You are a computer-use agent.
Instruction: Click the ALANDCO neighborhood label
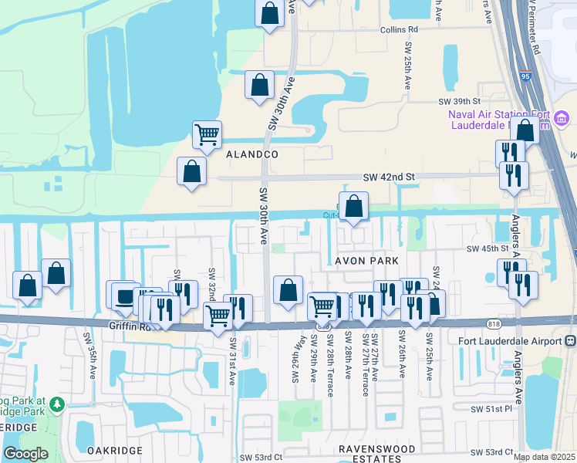coord(251,154)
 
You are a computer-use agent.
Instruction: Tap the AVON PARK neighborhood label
coord(366,261)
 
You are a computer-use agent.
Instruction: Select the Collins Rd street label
coord(398,29)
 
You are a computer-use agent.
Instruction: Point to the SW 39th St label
coord(459,101)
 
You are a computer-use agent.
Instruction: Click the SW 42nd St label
coord(390,177)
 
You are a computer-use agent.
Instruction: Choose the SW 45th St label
coord(488,248)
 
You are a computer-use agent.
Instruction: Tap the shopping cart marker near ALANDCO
coord(207,135)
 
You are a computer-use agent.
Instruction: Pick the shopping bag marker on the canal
coord(353,207)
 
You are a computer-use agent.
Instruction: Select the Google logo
coord(25,454)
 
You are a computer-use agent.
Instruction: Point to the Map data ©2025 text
coord(544,457)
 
